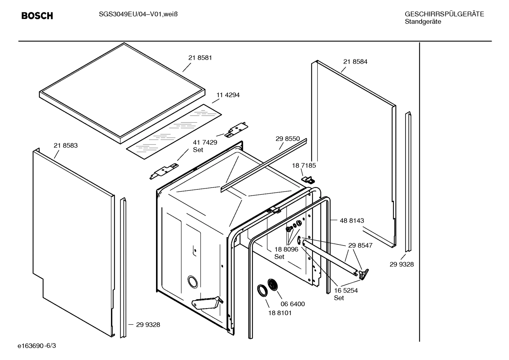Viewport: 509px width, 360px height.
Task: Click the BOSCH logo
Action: tap(37, 16)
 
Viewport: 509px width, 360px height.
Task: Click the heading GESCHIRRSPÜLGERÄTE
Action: tap(444, 14)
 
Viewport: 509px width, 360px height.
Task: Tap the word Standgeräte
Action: tap(423, 22)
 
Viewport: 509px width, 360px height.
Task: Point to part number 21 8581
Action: tap(200, 58)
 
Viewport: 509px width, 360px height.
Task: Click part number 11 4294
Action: tap(228, 95)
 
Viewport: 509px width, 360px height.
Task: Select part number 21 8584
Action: tap(355, 62)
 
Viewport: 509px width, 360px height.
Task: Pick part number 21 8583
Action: tap(66, 146)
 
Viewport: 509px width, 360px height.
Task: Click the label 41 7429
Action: tap(205, 142)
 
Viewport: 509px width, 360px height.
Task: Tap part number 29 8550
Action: tap(288, 139)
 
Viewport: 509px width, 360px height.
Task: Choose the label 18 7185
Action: tap(304, 165)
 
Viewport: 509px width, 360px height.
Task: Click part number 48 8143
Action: tap(352, 220)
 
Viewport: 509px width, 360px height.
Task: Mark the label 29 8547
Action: tap(360, 245)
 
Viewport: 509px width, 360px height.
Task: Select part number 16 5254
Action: tap(346, 290)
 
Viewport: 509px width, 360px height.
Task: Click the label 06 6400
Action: tap(293, 304)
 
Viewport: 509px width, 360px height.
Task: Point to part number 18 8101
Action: tap(280, 313)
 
